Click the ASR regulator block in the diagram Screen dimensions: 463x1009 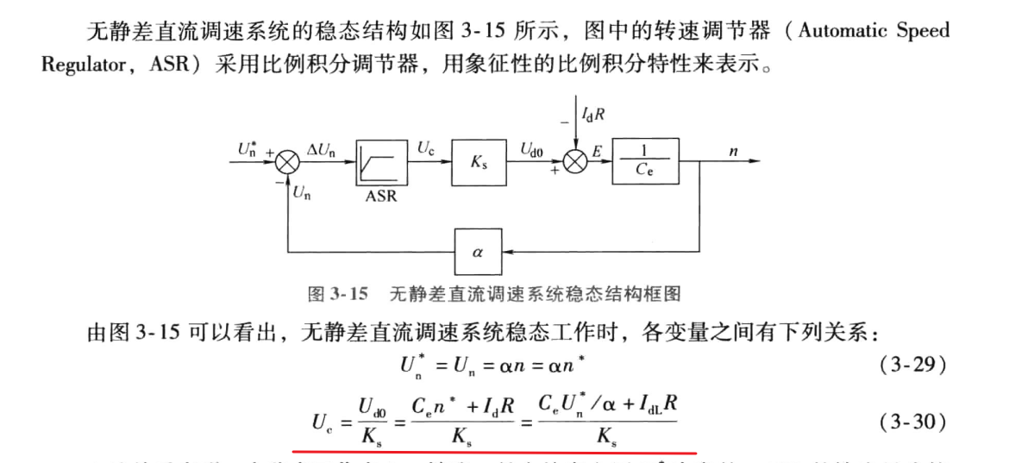coord(380,161)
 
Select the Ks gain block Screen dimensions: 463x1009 coord(479,161)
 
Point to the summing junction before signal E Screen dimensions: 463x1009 coord(574,161)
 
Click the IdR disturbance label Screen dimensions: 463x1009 coord(595,114)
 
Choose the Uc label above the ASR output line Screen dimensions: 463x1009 coord(426,147)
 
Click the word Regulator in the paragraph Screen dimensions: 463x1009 coord(84,66)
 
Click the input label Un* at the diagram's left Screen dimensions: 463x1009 coord(248,147)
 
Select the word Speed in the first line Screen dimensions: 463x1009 coord(926,31)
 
